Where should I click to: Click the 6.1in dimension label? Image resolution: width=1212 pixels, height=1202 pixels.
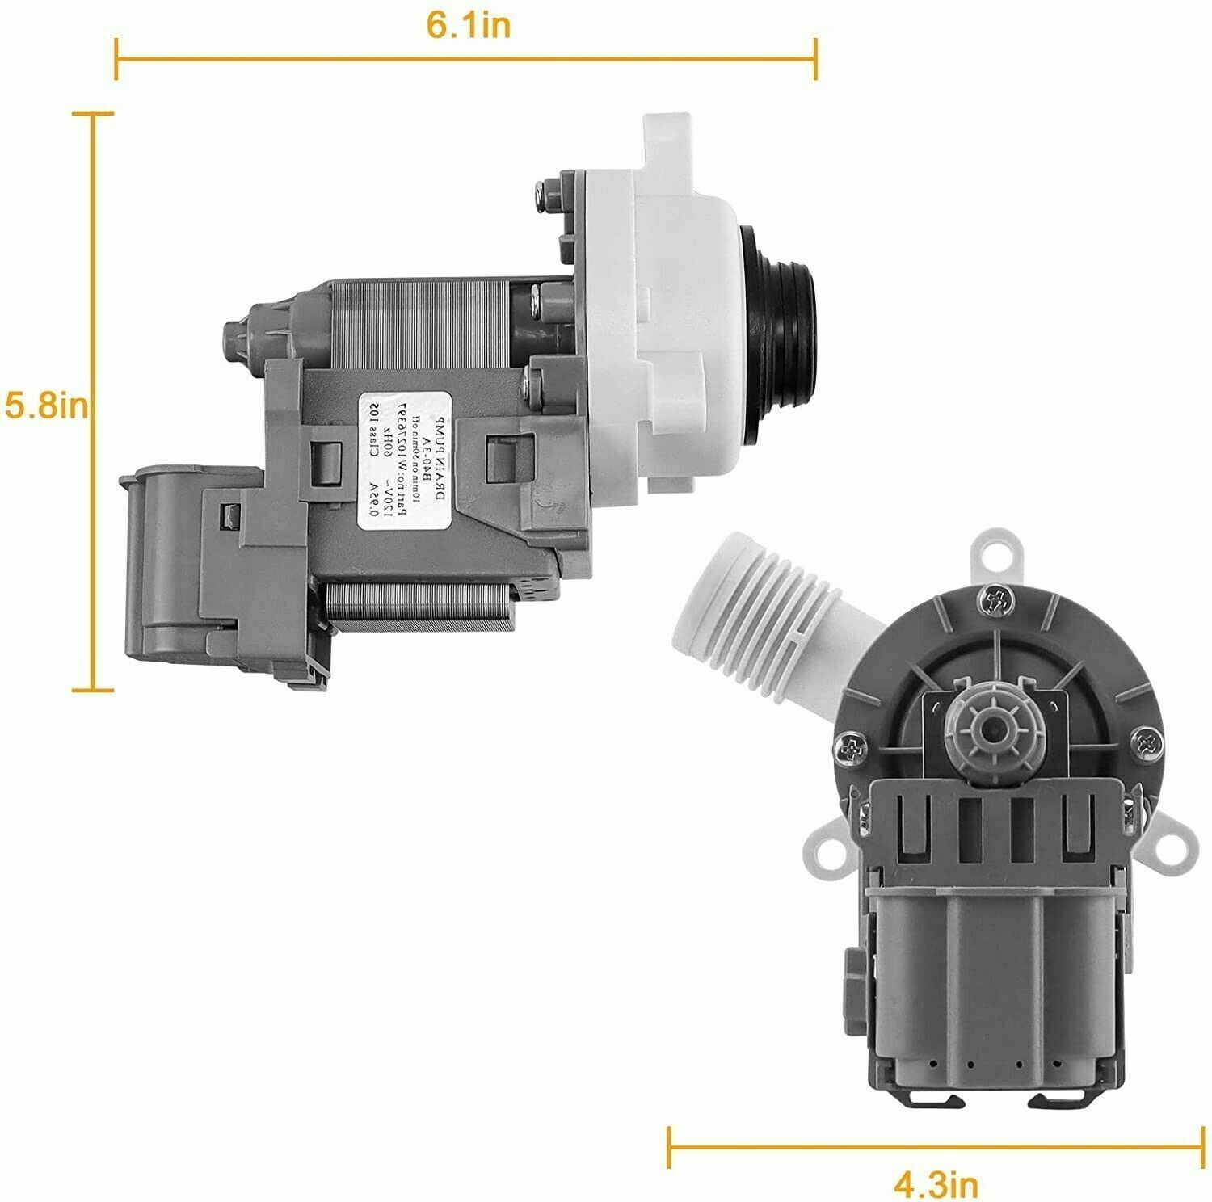(468, 26)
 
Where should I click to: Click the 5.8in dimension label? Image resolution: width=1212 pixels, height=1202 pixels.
(44, 405)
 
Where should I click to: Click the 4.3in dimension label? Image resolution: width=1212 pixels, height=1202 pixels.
(936, 1184)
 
